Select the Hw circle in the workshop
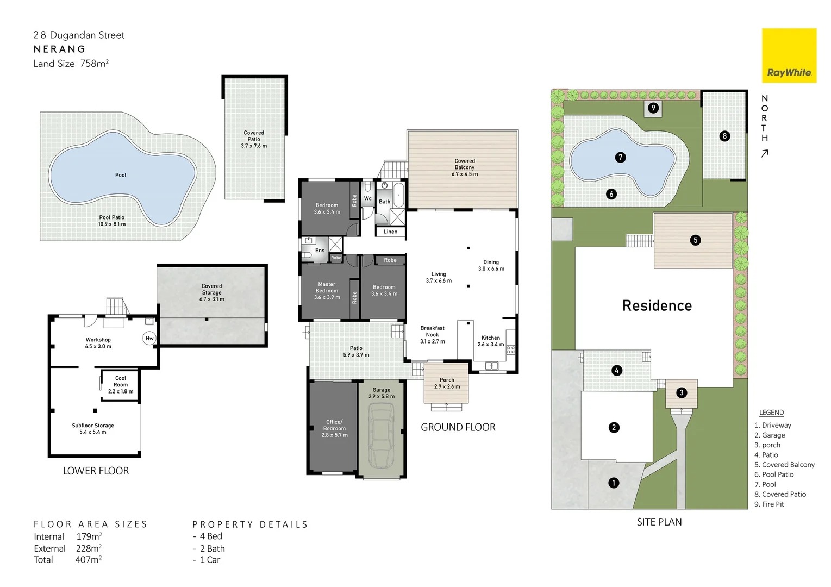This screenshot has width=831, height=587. coord(149,338)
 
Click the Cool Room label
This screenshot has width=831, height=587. coord(121,384)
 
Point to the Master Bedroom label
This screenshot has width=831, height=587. coord(327,290)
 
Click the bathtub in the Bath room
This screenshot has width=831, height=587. coord(398,196)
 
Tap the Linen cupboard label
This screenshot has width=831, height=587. coord(390,232)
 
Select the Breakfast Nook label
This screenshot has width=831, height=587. coord(432,334)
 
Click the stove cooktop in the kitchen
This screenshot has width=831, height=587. coord(510,350)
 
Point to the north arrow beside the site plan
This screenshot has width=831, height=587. coord(765,154)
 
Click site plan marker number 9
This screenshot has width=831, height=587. coord(653,108)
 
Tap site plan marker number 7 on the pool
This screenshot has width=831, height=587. coord(620,157)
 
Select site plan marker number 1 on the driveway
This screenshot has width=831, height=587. coord(614,483)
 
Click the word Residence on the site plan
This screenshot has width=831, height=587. coord(657,305)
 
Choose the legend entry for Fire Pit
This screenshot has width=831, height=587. coord(769,504)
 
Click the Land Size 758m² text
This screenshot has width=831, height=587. coord(71,64)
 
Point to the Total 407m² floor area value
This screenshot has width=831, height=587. coord(88,559)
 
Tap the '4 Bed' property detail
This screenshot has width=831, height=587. coord(210,536)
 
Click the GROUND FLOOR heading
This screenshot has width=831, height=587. coord(458,427)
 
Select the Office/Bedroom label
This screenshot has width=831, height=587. coord(334,428)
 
